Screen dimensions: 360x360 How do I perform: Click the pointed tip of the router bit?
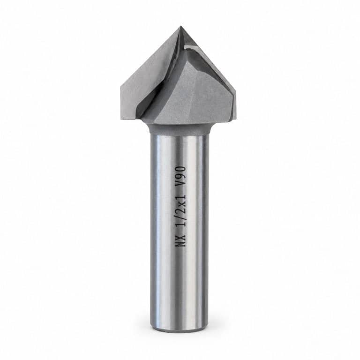pyautogui.click(x=180, y=26)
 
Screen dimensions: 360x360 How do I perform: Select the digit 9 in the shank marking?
pyautogui.click(x=181, y=177)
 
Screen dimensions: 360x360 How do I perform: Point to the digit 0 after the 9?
pyautogui.click(x=181, y=169)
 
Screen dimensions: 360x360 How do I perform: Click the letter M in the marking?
pyautogui.click(x=181, y=243)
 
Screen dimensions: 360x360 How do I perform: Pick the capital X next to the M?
pyautogui.click(x=181, y=236)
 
